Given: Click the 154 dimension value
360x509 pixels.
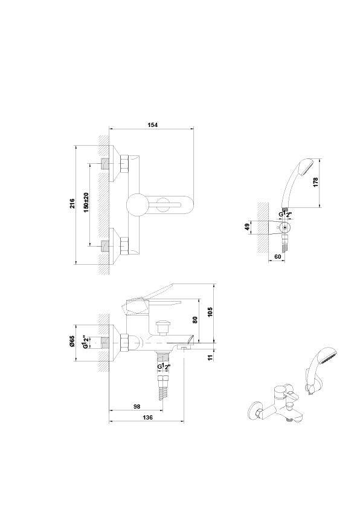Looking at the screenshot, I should tap(152, 125).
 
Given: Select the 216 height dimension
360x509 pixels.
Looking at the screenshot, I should tap(71, 204).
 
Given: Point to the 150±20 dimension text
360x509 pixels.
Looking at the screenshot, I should tap(86, 204).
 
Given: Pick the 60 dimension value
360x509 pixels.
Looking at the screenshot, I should tap(277, 257).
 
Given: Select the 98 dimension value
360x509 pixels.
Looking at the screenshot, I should tap(138, 406).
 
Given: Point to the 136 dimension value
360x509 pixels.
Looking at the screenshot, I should tap(147, 417).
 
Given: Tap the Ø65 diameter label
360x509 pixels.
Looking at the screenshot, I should tap(71, 342).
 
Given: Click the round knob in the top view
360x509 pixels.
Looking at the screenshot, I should tap(138, 206).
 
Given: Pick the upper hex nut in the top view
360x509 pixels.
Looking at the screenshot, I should tap(126, 164).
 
